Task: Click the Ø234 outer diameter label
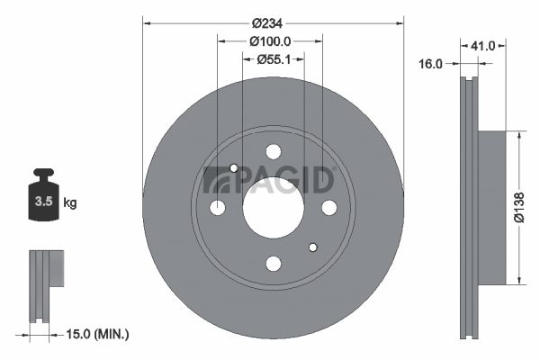[x=267, y=23]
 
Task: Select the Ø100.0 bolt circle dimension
[x=270, y=41]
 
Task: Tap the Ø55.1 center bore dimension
[x=274, y=59]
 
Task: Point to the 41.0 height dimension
[x=483, y=46]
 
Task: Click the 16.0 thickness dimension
[x=430, y=64]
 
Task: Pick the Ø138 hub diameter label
[x=519, y=208]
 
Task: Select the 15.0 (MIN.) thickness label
[x=97, y=334]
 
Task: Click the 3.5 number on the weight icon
[x=44, y=202]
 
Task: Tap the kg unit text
[x=70, y=202]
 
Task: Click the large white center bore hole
[x=274, y=208]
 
